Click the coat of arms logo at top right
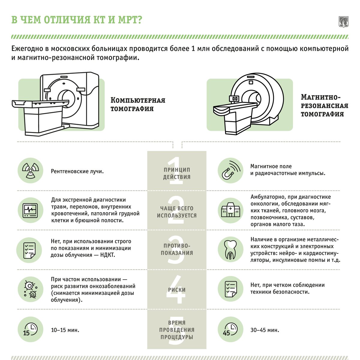point(343,22)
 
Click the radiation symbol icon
point(30,171)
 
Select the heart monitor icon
point(30,210)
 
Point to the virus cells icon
point(30,289)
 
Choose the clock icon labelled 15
point(30,330)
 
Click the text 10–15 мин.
point(65,330)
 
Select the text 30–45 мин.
point(265,330)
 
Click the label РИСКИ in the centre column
point(177,290)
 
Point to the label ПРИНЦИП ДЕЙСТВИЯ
point(177,173)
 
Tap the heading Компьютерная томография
point(138,104)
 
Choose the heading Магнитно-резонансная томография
point(324,105)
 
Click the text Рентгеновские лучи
point(77,172)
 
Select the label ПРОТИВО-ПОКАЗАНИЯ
point(177,249)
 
